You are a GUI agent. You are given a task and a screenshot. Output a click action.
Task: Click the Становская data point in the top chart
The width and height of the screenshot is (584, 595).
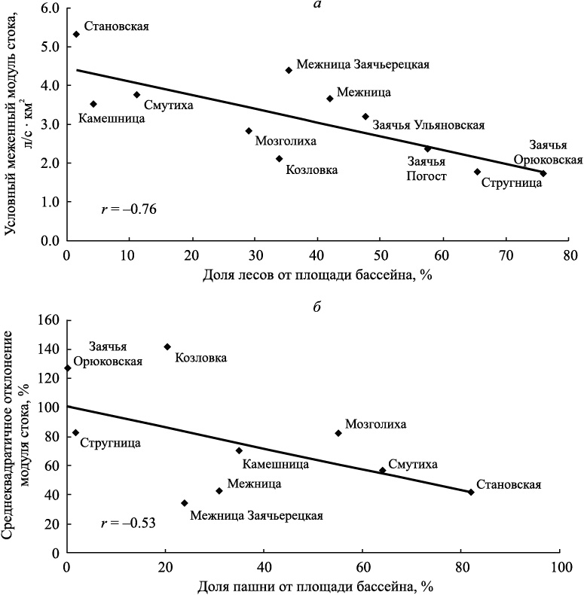[76, 34]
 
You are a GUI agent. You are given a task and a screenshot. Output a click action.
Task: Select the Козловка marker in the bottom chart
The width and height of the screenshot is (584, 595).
[167, 346]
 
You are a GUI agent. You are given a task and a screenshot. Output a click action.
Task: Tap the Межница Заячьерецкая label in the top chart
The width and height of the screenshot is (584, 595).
[362, 65]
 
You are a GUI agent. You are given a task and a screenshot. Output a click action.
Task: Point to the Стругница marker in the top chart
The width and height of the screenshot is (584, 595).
[477, 172]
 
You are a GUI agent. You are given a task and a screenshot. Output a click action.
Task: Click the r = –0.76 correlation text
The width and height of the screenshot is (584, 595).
[129, 209]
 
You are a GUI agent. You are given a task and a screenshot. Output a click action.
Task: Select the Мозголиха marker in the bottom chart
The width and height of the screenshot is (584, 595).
[338, 433]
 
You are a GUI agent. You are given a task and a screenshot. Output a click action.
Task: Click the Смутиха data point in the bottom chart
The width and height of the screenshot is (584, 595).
[382, 470]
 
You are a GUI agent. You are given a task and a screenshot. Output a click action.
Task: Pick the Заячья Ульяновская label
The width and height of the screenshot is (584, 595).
[428, 125]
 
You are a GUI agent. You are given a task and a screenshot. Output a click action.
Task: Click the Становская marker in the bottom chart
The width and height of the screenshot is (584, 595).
[471, 492]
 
